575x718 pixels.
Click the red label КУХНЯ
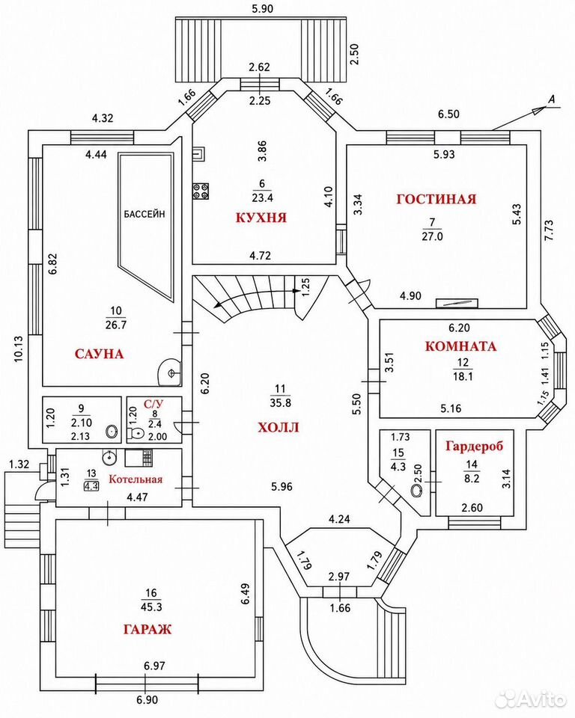(261, 218)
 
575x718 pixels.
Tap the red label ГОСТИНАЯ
(436, 199)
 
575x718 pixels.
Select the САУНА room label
(99, 354)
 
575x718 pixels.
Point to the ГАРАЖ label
(147, 629)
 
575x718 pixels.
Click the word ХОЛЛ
(279, 428)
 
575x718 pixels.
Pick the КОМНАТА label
(460, 346)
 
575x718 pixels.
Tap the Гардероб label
(474, 446)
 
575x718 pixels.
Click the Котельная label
(136, 479)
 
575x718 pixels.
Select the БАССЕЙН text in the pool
(144, 213)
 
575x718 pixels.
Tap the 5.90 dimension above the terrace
(262, 8)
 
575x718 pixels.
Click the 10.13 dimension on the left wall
(18, 349)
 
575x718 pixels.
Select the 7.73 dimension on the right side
(549, 231)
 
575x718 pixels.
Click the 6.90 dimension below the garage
(147, 700)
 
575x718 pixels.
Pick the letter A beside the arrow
(552, 99)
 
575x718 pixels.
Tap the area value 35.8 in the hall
(280, 403)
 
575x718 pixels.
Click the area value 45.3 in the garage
(151, 607)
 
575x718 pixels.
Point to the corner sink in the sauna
(169, 372)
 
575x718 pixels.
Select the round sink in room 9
(112, 432)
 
